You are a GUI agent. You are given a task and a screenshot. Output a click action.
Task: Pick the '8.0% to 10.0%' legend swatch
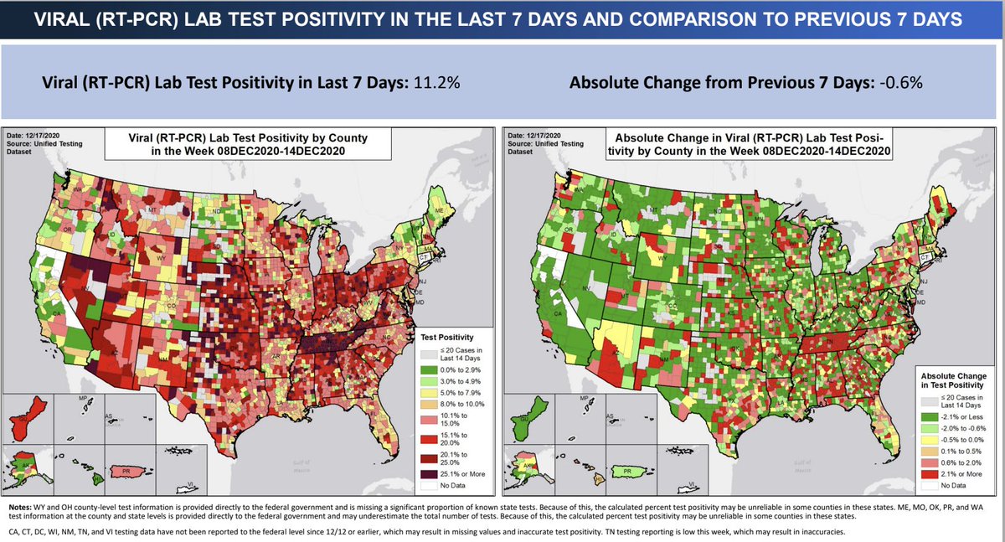tap(430, 402)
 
